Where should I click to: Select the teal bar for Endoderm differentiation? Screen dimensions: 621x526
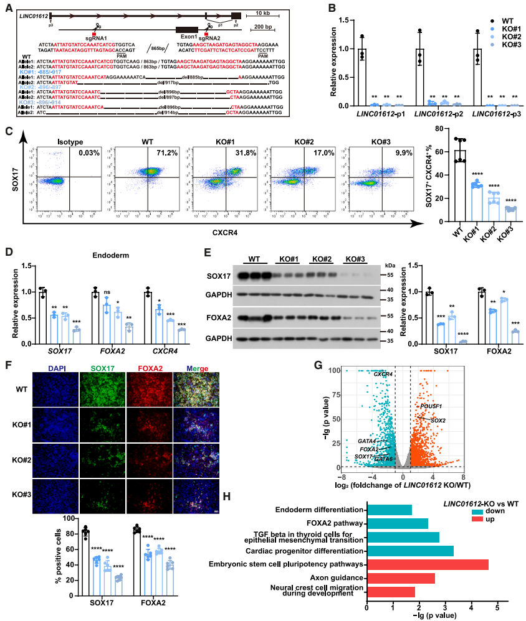click(x=390, y=510)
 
